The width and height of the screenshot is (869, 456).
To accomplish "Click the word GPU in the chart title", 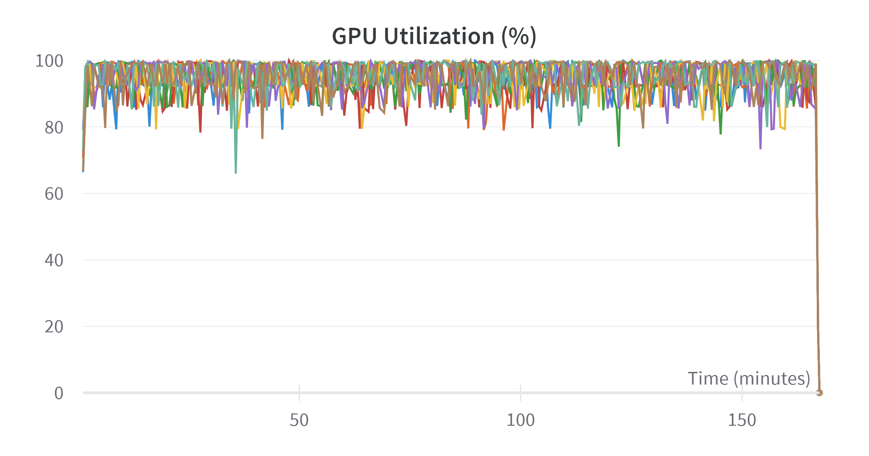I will [x=354, y=36].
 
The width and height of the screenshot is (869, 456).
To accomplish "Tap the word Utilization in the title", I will [x=439, y=36].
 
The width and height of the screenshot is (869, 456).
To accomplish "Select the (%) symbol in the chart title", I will [x=519, y=36].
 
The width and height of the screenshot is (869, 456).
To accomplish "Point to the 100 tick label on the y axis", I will [x=49, y=61].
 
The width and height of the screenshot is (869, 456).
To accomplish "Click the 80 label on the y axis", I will [x=54, y=128].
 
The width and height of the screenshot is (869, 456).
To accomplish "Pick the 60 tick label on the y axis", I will [x=54, y=194].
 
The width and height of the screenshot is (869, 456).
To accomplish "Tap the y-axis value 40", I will [x=54, y=261].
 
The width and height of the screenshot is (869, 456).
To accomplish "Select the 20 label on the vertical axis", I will [x=54, y=327].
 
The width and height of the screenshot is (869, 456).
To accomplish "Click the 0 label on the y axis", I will [x=59, y=393].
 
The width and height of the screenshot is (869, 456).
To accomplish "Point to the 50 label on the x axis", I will [x=299, y=420].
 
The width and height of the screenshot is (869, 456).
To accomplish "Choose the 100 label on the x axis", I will [x=520, y=420].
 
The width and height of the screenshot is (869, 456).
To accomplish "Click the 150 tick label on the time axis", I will [x=742, y=420].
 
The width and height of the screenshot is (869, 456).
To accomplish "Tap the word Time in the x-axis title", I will [x=708, y=379].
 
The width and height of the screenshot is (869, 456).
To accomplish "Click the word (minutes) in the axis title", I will [x=772, y=379].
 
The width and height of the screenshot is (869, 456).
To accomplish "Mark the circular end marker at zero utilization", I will [x=819, y=393].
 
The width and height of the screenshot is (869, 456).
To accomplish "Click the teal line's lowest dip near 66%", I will [x=236, y=173].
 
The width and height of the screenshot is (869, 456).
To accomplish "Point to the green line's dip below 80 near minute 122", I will [x=619, y=146].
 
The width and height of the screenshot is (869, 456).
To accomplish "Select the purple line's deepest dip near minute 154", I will [x=760, y=148].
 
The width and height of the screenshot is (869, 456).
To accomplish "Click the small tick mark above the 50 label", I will [x=299, y=392].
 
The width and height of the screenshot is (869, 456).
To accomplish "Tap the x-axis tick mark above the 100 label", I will [x=521, y=392].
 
